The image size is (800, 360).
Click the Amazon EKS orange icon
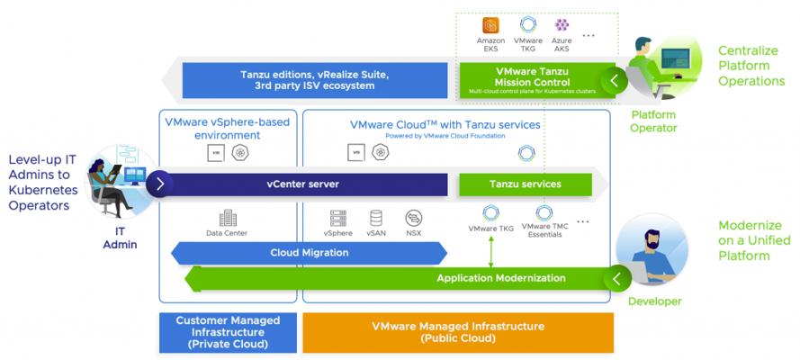coord(490,26)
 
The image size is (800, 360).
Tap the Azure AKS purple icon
coord(562,26)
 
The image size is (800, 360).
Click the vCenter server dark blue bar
coord(302,184)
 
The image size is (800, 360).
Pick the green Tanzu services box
coord(526,184)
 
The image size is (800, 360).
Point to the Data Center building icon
coord(228,218)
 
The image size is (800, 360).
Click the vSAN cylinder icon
coord(375,218)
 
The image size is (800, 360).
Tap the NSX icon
coord(414,218)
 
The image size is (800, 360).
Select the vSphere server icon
coord(338,218)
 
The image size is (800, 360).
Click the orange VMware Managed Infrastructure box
coord(458,332)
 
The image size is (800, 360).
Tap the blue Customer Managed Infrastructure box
coord(228,332)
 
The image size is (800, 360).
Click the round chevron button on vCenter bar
coord(159,184)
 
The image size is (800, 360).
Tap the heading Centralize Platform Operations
coord(751,67)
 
